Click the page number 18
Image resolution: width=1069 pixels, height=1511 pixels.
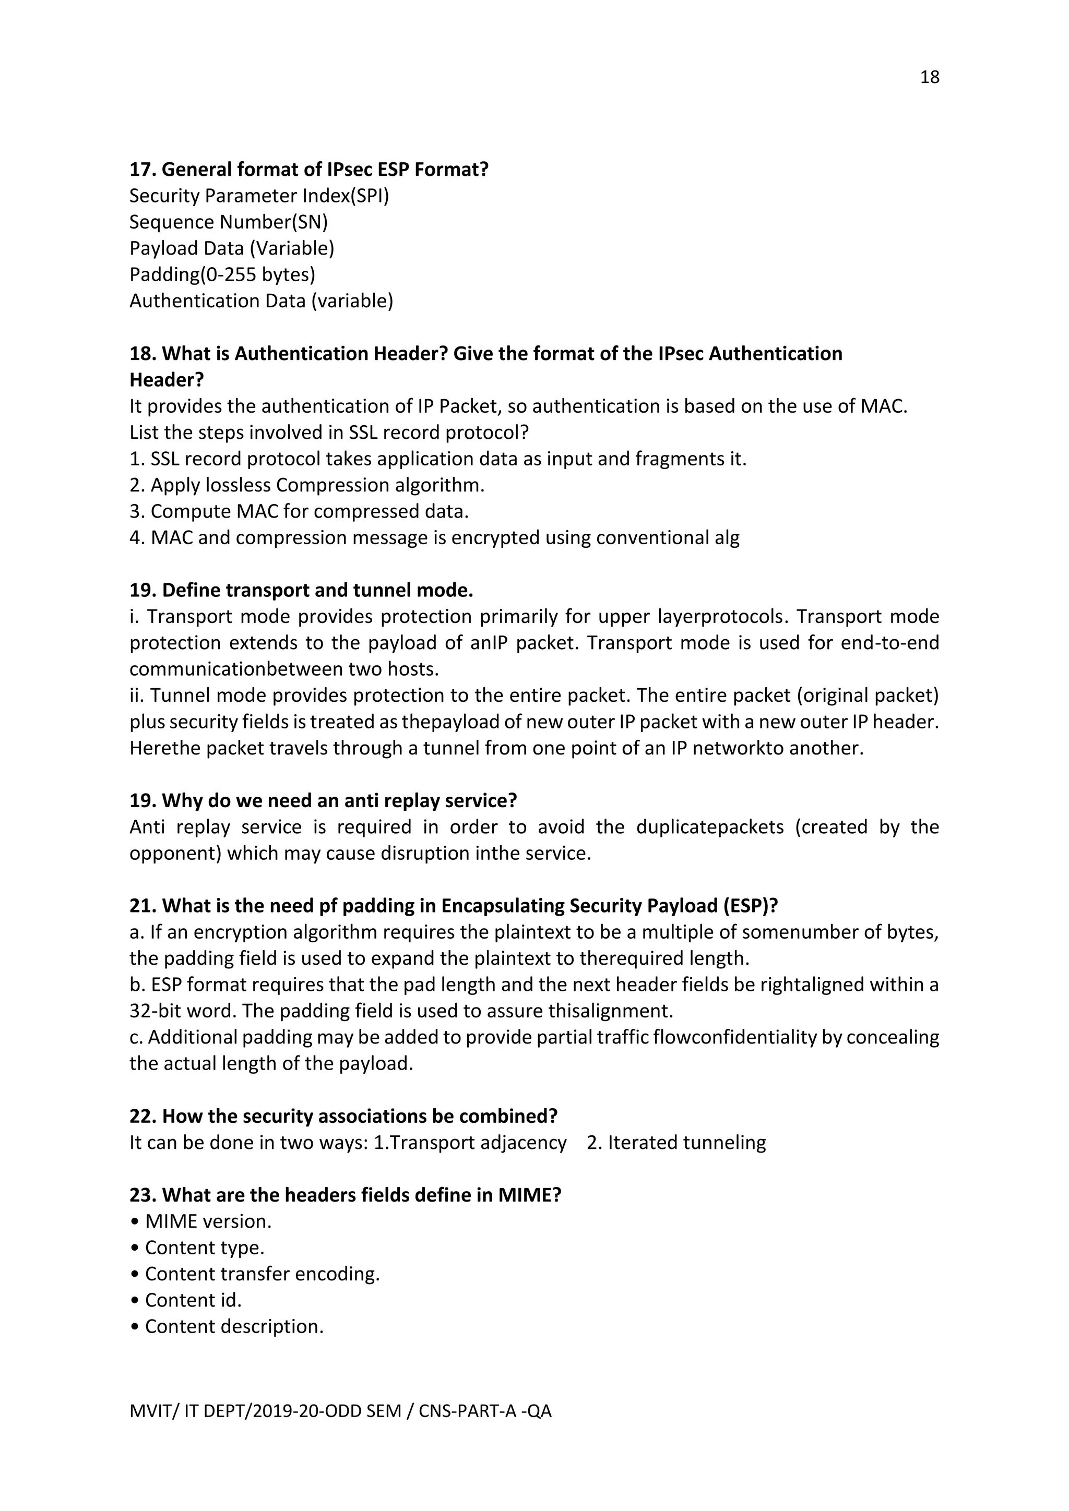pos(929,78)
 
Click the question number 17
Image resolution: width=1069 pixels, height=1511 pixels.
pos(141,170)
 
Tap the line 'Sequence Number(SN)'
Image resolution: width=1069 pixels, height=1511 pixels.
pos(229,222)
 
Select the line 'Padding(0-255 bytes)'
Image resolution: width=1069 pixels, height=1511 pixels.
pos(222,274)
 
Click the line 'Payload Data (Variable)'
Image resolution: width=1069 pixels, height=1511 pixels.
pos(232,248)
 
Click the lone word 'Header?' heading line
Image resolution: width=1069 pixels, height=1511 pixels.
pos(167,380)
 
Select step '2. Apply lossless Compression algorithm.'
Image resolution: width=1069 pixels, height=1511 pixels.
pos(307,485)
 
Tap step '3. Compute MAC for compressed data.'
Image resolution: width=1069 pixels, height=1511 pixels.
pos(299,511)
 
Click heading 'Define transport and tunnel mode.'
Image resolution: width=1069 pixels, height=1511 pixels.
pos(317,590)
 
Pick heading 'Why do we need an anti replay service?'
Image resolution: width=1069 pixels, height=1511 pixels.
pos(339,801)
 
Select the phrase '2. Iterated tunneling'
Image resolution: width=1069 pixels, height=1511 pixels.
pos(676,1143)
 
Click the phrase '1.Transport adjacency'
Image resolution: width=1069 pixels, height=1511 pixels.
pos(470,1143)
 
